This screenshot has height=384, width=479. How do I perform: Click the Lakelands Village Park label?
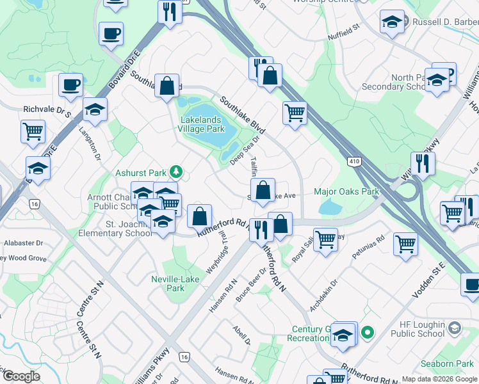pyautogui.click(x=202, y=124)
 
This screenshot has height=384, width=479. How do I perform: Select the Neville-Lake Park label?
pyautogui.click(x=176, y=284)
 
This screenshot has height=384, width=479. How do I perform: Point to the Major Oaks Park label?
pyautogui.click(x=346, y=191)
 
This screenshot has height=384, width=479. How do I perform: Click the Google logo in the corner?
pyautogui.click(x=21, y=376)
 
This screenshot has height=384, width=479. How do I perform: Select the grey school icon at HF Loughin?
pyautogui.click(x=454, y=328)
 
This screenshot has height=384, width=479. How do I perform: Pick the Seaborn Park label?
pyautogui.click(x=451, y=364)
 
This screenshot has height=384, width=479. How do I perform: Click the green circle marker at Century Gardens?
pyautogui.click(x=367, y=332)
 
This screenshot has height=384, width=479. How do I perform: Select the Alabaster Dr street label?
pyautogui.click(x=21, y=243)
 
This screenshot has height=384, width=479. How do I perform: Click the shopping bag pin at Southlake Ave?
pyautogui.click(x=263, y=191)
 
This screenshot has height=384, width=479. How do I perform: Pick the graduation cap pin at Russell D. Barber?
pyautogui.click(x=392, y=22)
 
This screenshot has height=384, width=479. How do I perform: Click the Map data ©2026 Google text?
pyautogui.click(x=439, y=379)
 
